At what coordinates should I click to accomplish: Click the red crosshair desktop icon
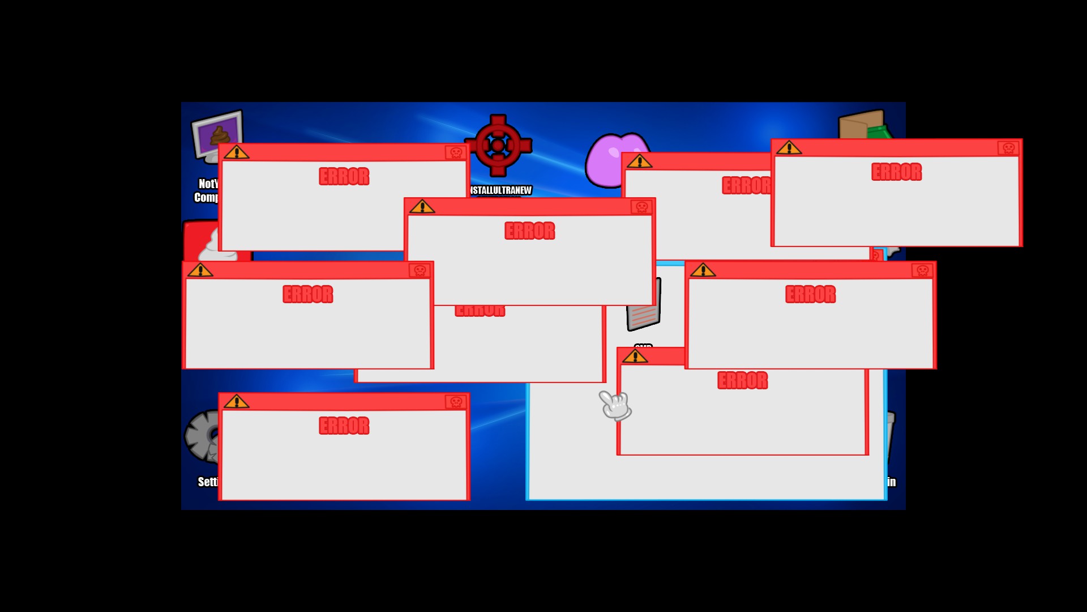tap(498, 146)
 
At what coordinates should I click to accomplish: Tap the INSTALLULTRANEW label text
tap(501, 190)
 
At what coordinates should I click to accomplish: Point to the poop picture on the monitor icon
tap(220, 136)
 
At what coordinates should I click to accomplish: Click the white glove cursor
tap(615, 405)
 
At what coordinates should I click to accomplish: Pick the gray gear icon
tap(202, 435)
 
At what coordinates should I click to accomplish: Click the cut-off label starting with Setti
tap(208, 482)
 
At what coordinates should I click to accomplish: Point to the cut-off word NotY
tap(208, 184)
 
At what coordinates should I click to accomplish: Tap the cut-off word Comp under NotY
tap(206, 197)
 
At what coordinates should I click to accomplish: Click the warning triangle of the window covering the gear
tap(237, 402)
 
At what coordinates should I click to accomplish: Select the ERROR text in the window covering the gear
tap(344, 426)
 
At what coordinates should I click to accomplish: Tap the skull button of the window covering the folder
tap(1008, 148)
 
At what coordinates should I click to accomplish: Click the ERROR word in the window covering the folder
tap(896, 172)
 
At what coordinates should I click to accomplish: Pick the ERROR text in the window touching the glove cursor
tap(742, 380)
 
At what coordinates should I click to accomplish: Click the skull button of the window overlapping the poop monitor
tap(456, 152)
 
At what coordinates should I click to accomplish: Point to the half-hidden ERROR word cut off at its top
tap(480, 311)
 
